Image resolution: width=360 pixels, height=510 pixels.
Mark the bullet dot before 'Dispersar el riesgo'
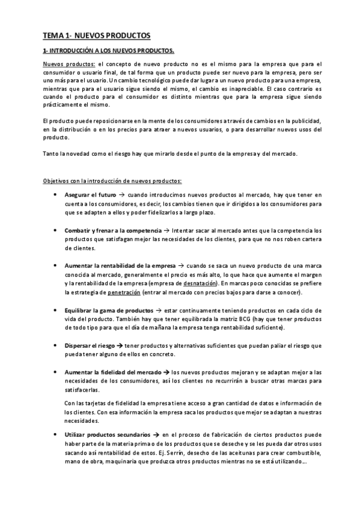[55, 346]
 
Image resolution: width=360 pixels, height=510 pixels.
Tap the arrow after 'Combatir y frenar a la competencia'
[166, 230]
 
